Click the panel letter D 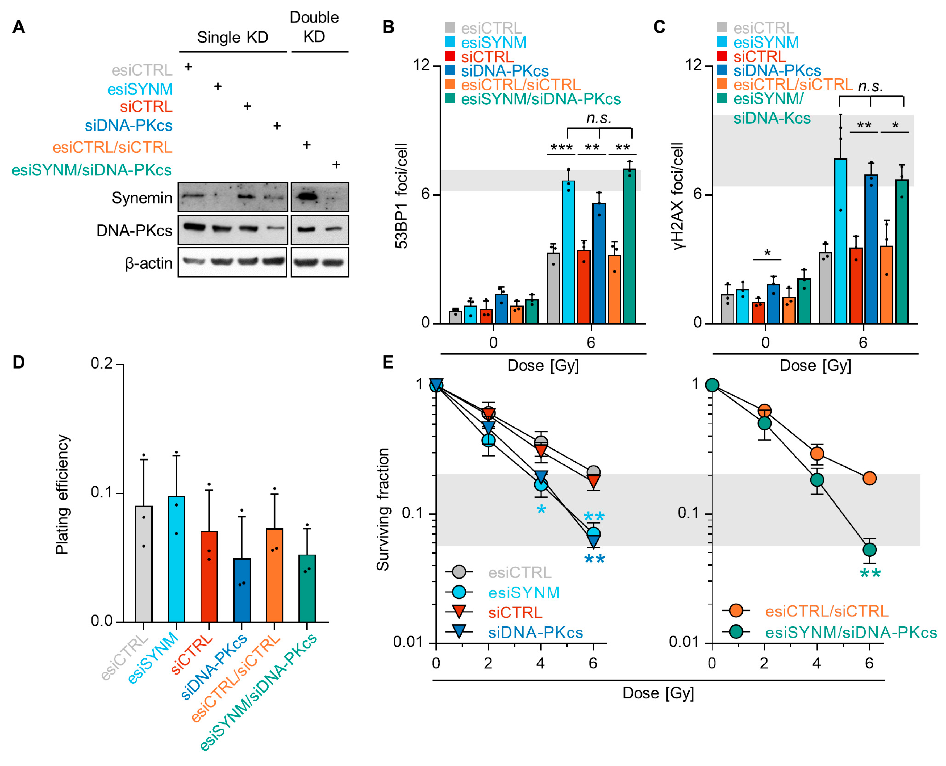(19, 362)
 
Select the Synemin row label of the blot (142, 198)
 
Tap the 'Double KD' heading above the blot (314, 27)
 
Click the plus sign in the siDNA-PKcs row (277, 126)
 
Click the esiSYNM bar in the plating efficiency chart (176, 558)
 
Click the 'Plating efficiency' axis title (62, 494)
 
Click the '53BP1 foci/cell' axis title (401, 196)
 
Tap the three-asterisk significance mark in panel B (561, 147)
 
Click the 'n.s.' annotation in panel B (599, 118)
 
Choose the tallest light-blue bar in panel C (840, 240)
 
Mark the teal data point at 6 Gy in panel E (869, 550)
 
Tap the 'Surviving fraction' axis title (383, 510)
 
